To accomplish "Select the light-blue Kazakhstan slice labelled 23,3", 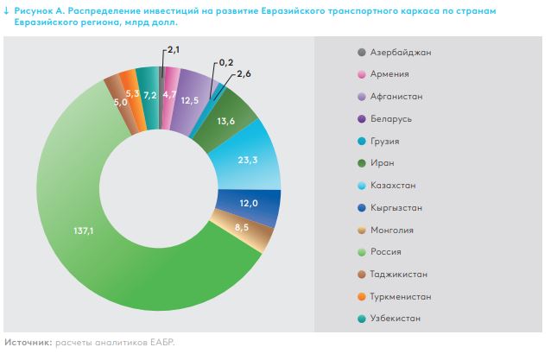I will tap(256, 160).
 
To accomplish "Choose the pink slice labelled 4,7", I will tap(170, 92).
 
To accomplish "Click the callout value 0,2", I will tap(227, 63).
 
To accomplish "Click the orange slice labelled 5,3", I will tap(132, 92).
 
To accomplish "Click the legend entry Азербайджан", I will tap(399, 52).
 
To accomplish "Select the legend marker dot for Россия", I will tap(360, 252).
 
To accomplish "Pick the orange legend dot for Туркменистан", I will tap(360, 296).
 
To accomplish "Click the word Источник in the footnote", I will tap(27, 343).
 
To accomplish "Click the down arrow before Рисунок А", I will tap(7, 8).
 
